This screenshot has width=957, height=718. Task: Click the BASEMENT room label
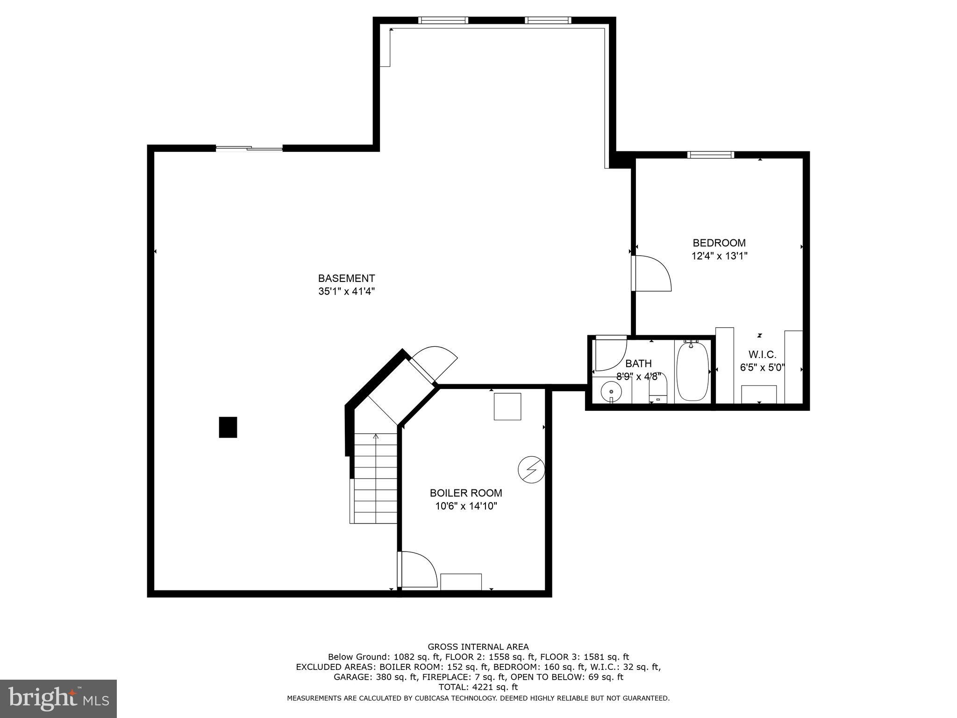pos(346,279)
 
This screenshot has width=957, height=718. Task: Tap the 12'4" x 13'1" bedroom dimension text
pos(719,256)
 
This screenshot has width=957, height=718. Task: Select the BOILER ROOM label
pos(466,493)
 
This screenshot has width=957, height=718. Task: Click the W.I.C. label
pos(762,354)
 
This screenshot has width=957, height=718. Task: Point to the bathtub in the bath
pos(693,372)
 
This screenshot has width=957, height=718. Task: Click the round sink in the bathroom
pos(611,391)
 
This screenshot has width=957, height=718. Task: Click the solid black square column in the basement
pos(228,427)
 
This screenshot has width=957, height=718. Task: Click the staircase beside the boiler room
pos(375,479)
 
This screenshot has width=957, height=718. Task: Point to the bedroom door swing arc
pos(652,273)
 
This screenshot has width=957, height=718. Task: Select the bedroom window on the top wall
pos(710,155)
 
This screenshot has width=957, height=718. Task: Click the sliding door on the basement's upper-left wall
pos(249,149)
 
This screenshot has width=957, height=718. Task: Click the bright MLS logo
pos(58,698)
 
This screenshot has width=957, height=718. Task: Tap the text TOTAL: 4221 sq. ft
pos(478,687)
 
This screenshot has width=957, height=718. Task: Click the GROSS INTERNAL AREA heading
pos(478,647)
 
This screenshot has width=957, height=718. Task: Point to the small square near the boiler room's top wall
pos(507,406)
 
